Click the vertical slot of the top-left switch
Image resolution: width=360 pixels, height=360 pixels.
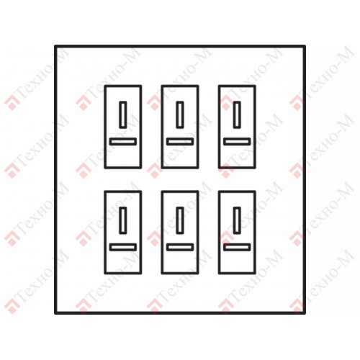120,114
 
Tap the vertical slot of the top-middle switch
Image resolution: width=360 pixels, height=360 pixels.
177,114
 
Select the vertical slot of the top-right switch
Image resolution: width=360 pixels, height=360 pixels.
234,114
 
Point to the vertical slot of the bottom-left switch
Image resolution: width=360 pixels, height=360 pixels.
120,220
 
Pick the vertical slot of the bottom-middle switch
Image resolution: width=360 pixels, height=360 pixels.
177,220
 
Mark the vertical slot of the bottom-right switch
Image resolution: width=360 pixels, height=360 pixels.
234,220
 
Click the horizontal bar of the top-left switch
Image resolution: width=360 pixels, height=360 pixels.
123,139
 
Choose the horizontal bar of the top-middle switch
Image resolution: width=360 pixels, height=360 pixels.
180,139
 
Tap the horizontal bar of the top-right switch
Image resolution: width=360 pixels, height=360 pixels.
237,139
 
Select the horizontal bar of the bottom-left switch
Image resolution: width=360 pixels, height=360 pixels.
123,244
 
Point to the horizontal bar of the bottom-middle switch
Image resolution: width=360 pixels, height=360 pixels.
180,244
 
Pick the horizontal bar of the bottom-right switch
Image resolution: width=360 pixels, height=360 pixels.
237,244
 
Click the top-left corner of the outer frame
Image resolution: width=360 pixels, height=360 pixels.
55,46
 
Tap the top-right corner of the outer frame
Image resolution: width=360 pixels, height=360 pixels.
305,46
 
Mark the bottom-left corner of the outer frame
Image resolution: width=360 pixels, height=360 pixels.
55,313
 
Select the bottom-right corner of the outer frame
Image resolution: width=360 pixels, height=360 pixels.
305,313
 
